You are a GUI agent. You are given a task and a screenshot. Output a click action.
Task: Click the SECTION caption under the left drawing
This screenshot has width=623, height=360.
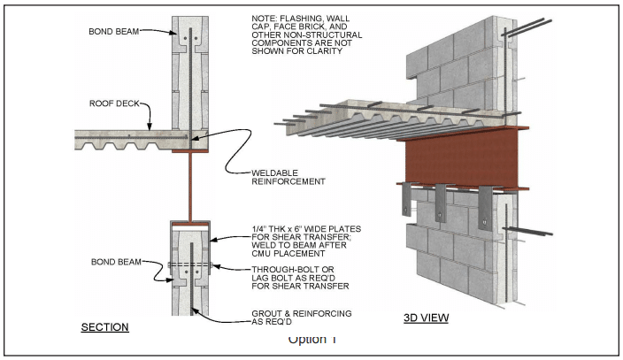pos(105,327)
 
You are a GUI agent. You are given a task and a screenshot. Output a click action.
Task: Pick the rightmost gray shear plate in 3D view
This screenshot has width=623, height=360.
pos(483,205)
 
